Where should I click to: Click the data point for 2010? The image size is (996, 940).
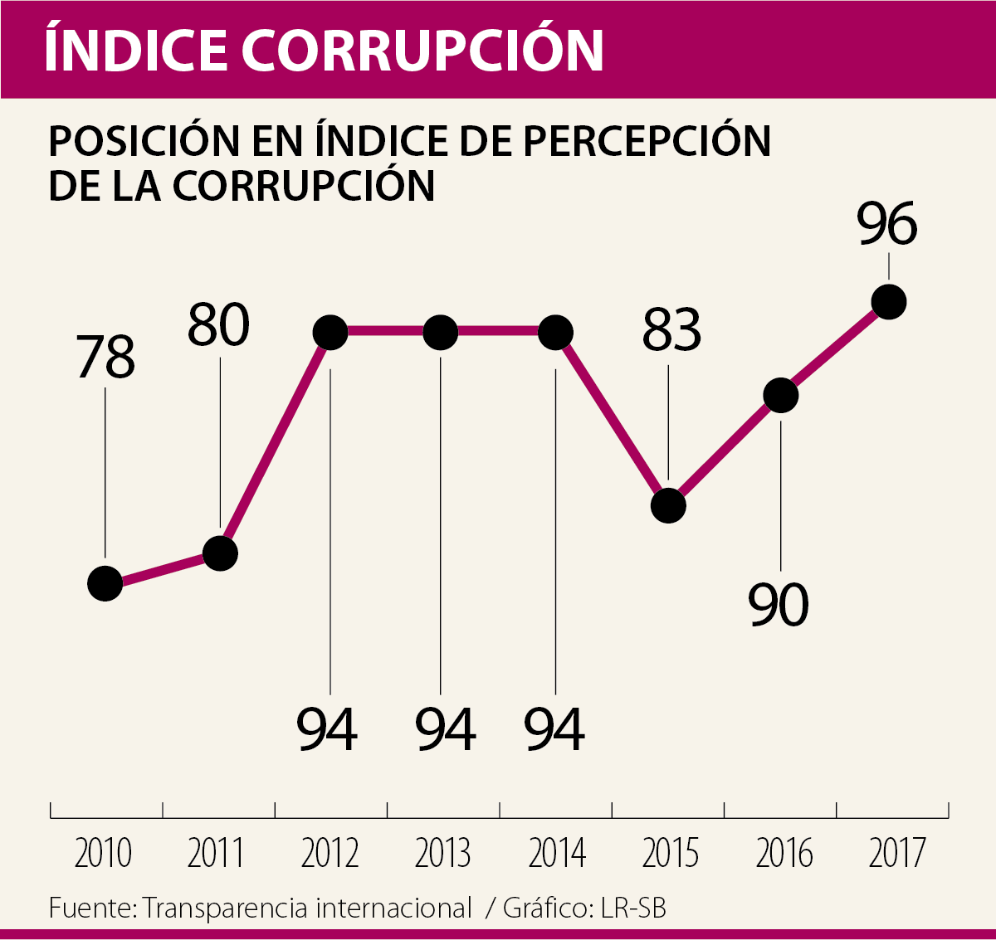(105, 583)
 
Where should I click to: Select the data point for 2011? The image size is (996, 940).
(221, 553)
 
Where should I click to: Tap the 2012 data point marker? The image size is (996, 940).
(330, 333)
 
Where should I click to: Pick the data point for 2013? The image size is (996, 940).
(441, 333)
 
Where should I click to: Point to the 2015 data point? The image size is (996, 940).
(669, 505)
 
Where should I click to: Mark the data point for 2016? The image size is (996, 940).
(781, 395)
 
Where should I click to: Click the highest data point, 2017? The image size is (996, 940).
(890, 301)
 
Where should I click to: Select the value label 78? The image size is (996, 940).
(105, 358)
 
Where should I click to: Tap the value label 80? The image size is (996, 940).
(218, 324)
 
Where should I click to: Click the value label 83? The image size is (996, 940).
(671, 329)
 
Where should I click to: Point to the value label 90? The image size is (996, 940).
(779, 605)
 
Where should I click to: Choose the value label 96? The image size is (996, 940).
(887, 224)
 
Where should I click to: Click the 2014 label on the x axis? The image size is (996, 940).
(557, 854)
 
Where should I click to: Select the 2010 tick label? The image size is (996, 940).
(103, 854)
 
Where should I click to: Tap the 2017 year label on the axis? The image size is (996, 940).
(897, 854)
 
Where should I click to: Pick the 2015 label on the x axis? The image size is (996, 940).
(671, 854)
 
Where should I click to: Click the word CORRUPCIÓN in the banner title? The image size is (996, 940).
(422, 49)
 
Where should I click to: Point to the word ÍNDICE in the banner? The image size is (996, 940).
(134, 49)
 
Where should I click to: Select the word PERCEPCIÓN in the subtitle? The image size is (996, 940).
(647, 142)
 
